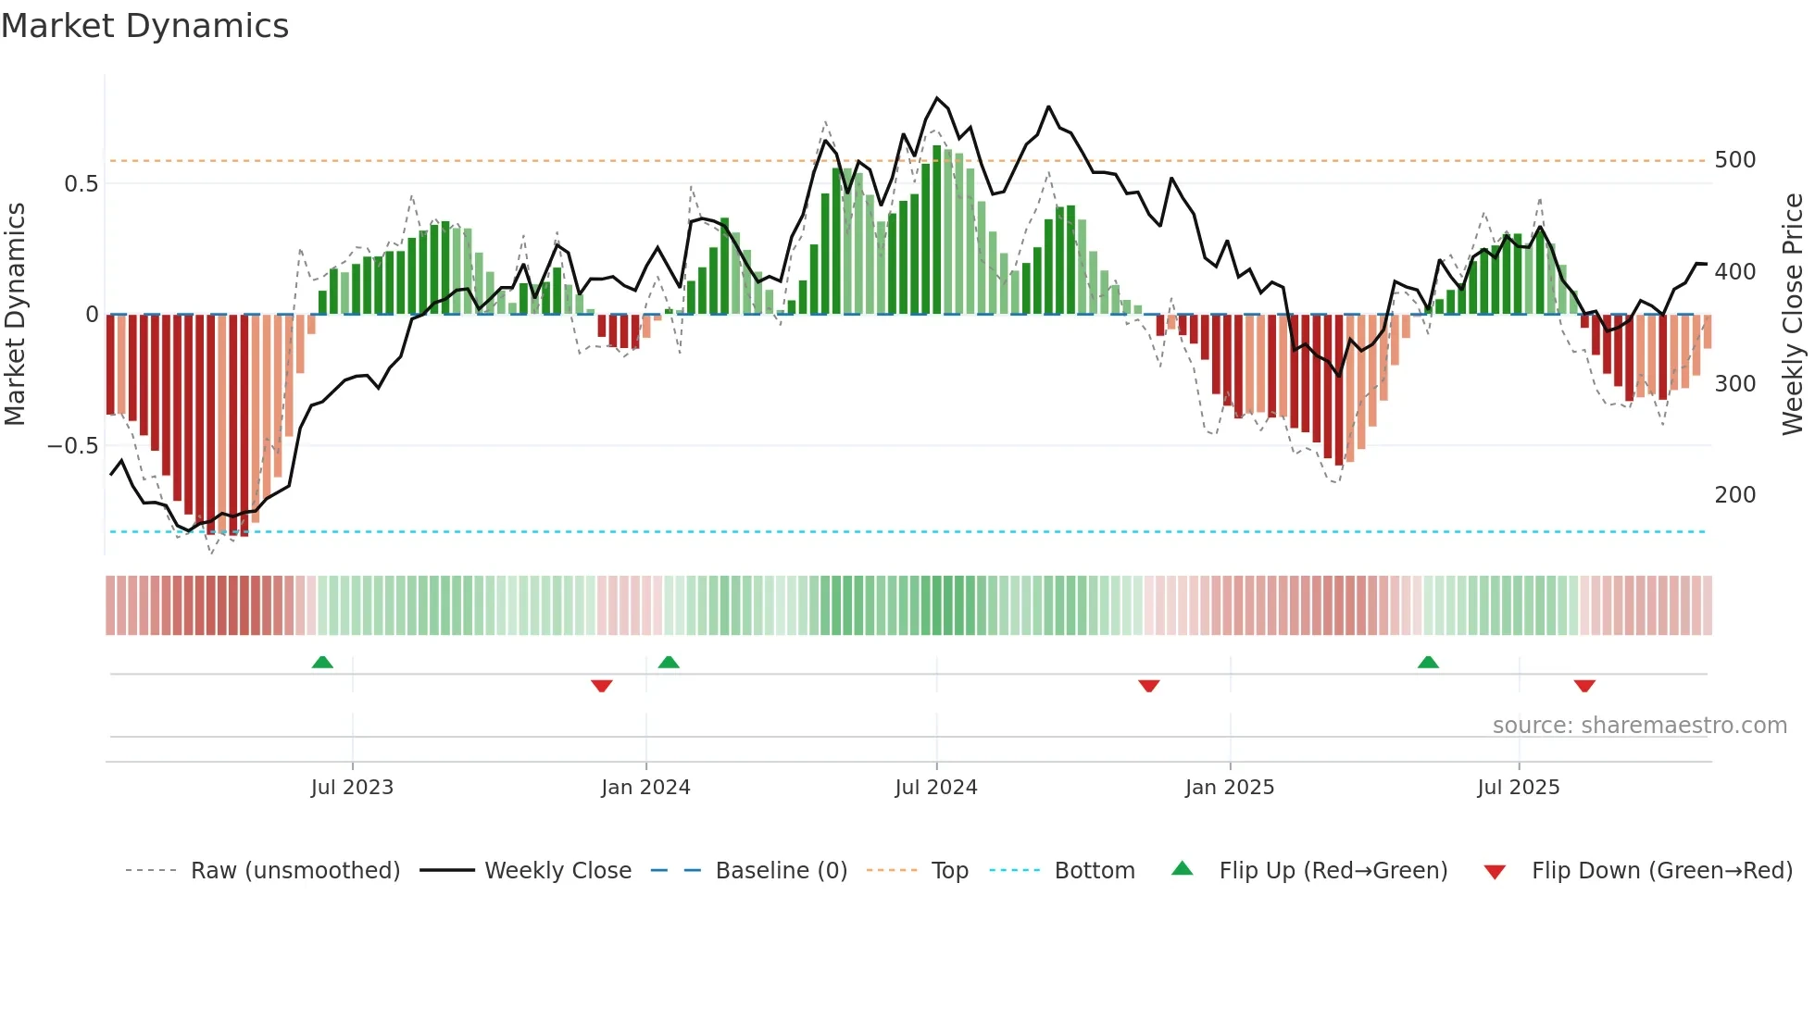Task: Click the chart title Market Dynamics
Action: pos(144,26)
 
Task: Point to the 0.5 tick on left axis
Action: pos(81,183)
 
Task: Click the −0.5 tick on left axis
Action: pos(73,445)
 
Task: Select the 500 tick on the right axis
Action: pos(1734,160)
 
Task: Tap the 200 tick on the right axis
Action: pos(1734,494)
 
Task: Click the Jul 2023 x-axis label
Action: pos(352,787)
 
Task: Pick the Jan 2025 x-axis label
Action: pos(1229,787)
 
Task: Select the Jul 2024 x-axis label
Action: pos(935,787)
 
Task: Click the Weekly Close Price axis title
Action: pos(1793,314)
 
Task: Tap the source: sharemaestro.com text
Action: pos(1639,725)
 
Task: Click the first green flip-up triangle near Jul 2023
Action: pos(322,662)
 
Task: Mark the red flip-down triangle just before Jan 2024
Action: pos(602,686)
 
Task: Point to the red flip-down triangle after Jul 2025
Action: pos(1584,686)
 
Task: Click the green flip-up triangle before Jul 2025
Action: pos(1428,662)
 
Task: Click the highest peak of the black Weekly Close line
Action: pos(937,98)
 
